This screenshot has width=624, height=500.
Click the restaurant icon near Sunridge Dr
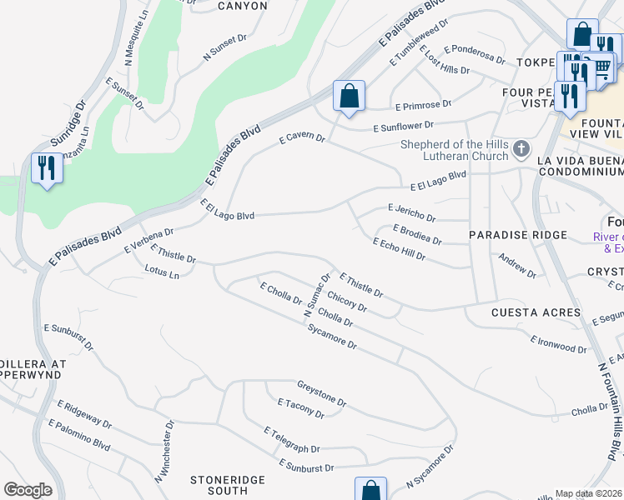(x=46, y=168)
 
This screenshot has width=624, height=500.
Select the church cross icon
(x=521, y=149)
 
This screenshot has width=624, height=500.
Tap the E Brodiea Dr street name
(x=417, y=233)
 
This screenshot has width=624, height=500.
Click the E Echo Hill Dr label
(x=400, y=249)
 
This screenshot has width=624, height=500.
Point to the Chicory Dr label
(x=347, y=302)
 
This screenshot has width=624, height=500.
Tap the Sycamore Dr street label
(x=332, y=337)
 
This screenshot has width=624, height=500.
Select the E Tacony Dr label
(x=301, y=407)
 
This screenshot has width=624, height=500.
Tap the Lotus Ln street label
(x=162, y=272)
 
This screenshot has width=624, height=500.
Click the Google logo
(x=28, y=490)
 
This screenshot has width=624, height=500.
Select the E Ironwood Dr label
(x=558, y=342)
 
